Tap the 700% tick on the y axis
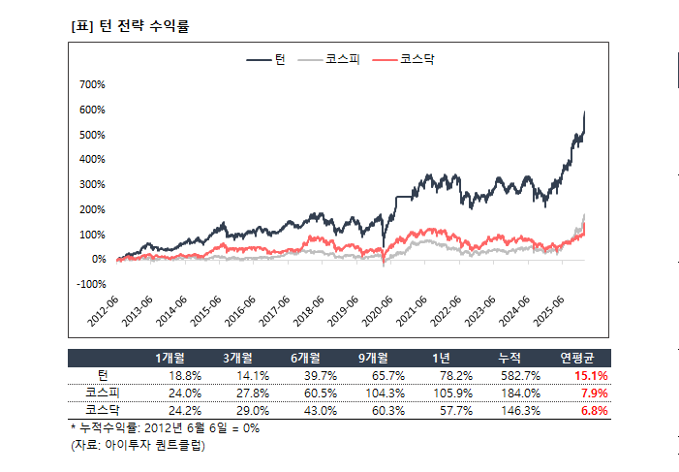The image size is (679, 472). pyautogui.click(x=92, y=84)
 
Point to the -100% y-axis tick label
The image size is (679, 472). pyautogui.click(x=90, y=284)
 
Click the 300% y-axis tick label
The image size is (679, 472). pyautogui.click(x=92, y=184)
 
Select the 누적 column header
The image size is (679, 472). pyautogui.click(x=509, y=358)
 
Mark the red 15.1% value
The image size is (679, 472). pyautogui.click(x=591, y=376)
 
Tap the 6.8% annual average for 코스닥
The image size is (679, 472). pyautogui.click(x=594, y=410)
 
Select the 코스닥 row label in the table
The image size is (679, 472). pyautogui.click(x=102, y=410)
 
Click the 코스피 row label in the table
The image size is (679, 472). pyautogui.click(x=102, y=393)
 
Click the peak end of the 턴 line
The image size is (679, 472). pyautogui.click(x=585, y=111)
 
